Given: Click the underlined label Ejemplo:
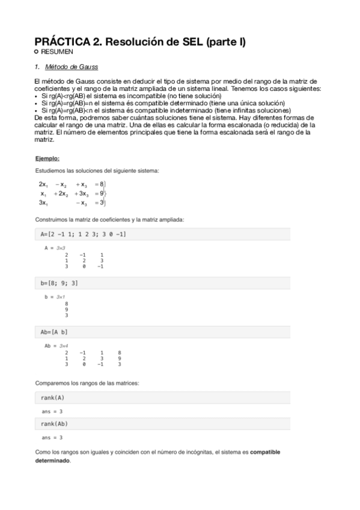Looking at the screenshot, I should click(47, 159).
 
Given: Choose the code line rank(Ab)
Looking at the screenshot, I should click(54, 424).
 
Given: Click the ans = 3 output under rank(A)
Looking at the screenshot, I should click(52, 411).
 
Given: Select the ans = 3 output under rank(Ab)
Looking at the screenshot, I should click(52, 437).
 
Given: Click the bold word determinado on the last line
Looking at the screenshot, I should click(53, 461).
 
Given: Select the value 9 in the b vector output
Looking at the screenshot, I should click(66, 310).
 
